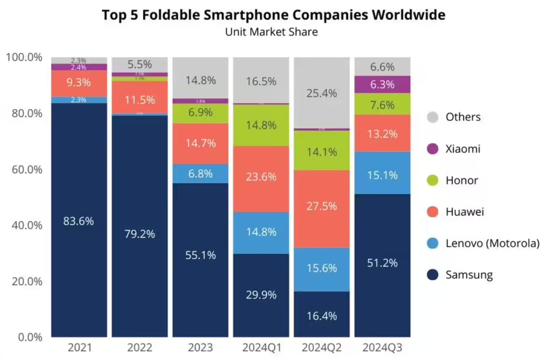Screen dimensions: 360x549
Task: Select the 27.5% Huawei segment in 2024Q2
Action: (x=322, y=209)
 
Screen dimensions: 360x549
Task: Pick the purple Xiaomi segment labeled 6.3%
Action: (x=382, y=85)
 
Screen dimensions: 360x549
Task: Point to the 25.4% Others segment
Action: (x=322, y=93)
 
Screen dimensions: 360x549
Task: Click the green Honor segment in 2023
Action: (x=200, y=113)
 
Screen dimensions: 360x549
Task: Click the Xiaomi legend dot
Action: (x=433, y=149)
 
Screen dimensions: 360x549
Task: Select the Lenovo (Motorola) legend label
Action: (x=492, y=243)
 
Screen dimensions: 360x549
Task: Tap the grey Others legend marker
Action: (x=433, y=117)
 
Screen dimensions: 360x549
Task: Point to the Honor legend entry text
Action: (x=462, y=180)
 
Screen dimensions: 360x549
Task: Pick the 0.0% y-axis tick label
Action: (x=30, y=337)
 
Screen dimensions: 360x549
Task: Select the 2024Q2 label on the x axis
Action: (x=322, y=348)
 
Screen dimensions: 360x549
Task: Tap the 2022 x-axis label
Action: (x=140, y=348)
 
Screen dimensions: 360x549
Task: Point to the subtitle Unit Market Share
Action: (x=271, y=32)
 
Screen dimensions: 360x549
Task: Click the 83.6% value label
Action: (x=79, y=221)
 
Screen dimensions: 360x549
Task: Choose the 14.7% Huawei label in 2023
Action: (x=200, y=143)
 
